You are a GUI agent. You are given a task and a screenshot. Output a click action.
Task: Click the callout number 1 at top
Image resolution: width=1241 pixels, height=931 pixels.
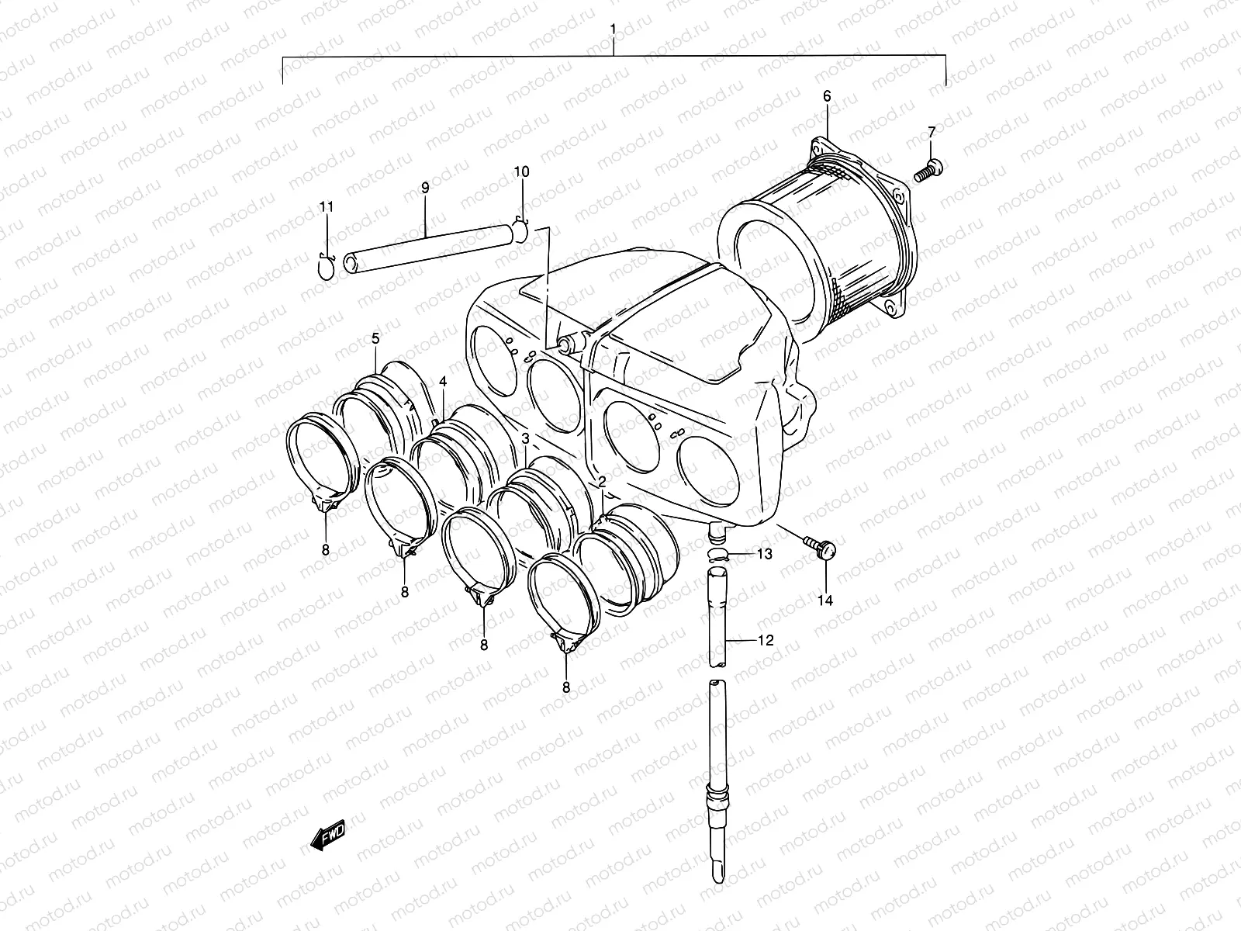613,29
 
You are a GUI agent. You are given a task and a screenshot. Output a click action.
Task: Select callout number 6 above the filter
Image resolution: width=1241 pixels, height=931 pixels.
827,96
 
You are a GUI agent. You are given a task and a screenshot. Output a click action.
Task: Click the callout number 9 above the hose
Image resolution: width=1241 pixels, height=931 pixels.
425,187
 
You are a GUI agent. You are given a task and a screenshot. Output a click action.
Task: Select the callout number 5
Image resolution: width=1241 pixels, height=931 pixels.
376,338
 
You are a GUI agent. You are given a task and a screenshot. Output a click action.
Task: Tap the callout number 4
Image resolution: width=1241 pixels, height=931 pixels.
443,382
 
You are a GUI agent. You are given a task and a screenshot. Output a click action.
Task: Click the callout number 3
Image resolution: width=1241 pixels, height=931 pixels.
525,440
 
